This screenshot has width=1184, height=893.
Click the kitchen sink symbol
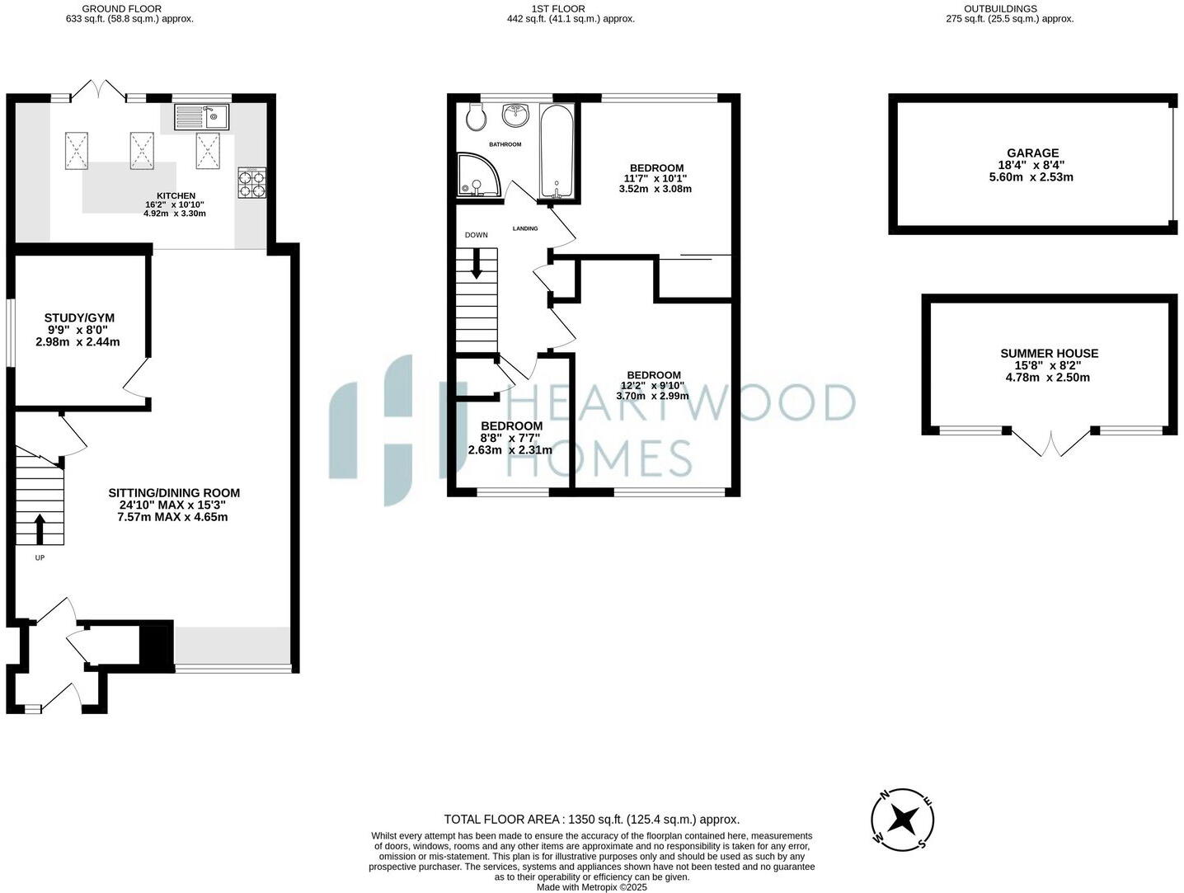(x=201, y=116)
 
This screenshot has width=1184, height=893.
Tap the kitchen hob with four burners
(x=252, y=182)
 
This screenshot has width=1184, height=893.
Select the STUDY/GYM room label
(x=79, y=317)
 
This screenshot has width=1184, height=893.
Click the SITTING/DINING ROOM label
(x=174, y=493)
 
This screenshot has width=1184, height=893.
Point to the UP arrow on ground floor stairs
(x=39, y=529)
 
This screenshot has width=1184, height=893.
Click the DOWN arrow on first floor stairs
(x=477, y=265)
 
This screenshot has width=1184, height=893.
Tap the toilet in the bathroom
(x=475, y=118)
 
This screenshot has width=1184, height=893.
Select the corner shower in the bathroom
(x=477, y=176)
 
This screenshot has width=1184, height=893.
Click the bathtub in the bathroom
(x=557, y=153)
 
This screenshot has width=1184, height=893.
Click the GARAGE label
(x=1032, y=153)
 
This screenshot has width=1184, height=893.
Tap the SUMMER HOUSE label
(x=1049, y=353)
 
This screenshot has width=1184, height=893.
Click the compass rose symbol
(x=903, y=820)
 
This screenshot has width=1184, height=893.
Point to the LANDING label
(x=525, y=228)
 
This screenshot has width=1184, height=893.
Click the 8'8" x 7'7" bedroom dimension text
(x=510, y=438)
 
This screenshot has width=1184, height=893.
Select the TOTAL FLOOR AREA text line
(x=591, y=820)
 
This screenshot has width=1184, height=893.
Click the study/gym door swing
(x=136, y=382)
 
